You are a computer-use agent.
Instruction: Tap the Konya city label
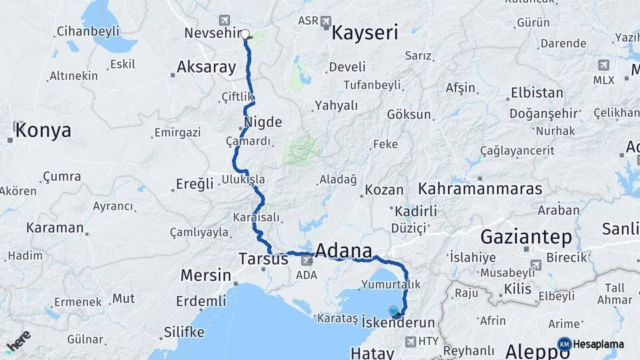pos(43,130)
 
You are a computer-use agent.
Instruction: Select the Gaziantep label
pos(526,237)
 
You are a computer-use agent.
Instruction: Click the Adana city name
pos(343,251)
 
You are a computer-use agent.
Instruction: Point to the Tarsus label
pos(263,259)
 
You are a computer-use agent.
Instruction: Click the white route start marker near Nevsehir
pos(245,34)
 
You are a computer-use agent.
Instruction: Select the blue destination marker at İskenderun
pos(393,311)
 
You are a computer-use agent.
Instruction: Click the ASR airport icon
pos(325,21)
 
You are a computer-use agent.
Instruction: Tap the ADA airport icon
pos(306,260)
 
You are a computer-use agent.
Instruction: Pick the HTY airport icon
pos(409,341)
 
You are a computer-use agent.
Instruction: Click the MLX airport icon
pos(604,65)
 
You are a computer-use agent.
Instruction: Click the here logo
pos(18,341)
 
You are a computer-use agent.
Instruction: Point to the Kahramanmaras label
pos(481,189)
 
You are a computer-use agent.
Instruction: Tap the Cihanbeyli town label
pos(88,31)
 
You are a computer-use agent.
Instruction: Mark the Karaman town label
pos(55,227)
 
